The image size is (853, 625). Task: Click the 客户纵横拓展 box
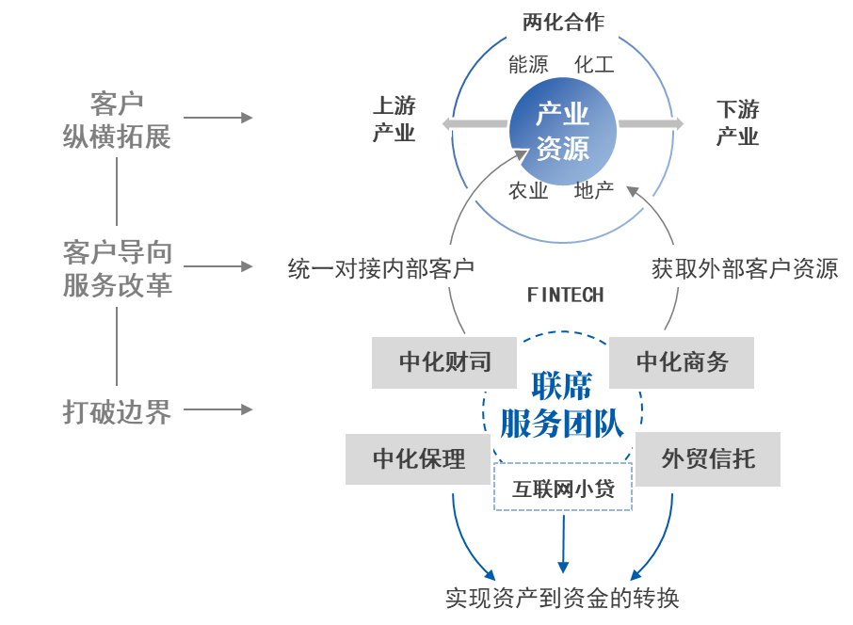[x=117, y=117]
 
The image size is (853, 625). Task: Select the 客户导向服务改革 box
[x=117, y=266]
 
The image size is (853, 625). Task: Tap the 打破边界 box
[x=117, y=409]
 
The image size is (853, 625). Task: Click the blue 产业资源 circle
[x=562, y=132]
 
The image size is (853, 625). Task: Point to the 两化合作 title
[x=563, y=22]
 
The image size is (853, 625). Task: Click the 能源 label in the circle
[x=528, y=65]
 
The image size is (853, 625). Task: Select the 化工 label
[x=594, y=65]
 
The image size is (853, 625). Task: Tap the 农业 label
[x=528, y=191]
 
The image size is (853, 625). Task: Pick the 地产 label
[x=594, y=191]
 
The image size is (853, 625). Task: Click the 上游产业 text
[x=394, y=120]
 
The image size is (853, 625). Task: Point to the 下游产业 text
[x=737, y=122]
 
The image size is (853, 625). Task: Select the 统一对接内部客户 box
[x=380, y=269]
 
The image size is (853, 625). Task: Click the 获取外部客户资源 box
[x=745, y=269]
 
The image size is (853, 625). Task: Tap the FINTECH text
[x=565, y=296]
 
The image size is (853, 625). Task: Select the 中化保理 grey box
[x=418, y=459]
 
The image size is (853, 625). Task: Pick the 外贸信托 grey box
[x=708, y=459]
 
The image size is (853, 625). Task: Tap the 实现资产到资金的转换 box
[x=562, y=598]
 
